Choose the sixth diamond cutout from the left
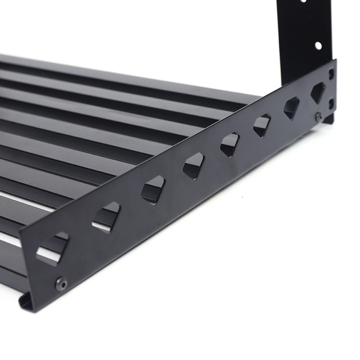point(262,126)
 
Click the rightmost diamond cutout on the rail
point(318,92)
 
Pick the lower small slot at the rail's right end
point(332,104)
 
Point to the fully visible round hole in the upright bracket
point(318,46)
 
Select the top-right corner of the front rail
point(336,60)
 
